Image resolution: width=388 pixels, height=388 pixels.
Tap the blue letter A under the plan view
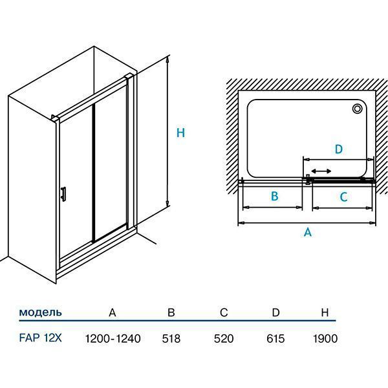click(x=308, y=232)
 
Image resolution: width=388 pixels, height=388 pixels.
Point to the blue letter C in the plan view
click(x=343, y=197)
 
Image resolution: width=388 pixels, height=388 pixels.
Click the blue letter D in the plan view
click(x=338, y=149)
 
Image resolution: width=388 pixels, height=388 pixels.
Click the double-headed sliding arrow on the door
click(x=321, y=171)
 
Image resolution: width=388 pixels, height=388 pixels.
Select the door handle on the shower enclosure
click(x=62, y=194)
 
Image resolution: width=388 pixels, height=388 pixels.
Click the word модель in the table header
click(x=41, y=312)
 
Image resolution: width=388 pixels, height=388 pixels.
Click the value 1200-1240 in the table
click(x=113, y=338)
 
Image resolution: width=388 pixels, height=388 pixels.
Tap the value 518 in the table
click(x=171, y=338)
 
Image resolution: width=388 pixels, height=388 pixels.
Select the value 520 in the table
click(x=223, y=338)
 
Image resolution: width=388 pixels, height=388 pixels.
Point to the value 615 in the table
click(x=275, y=338)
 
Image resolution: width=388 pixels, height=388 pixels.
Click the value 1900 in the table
click(x=325, y=338)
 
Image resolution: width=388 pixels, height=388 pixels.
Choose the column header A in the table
click(x=113, y=313)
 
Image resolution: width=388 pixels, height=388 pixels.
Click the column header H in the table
click(x=325, y=313)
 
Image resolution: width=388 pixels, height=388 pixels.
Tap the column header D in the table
click(x=275, y=313)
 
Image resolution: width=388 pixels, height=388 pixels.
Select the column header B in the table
click(x=171, y=313)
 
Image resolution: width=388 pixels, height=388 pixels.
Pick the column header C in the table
click(x=223, y=313)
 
